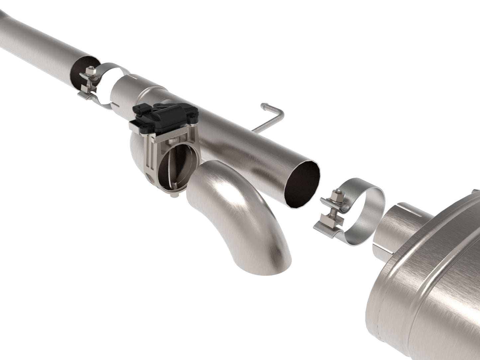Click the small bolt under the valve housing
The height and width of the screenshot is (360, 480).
coord(173,197)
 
